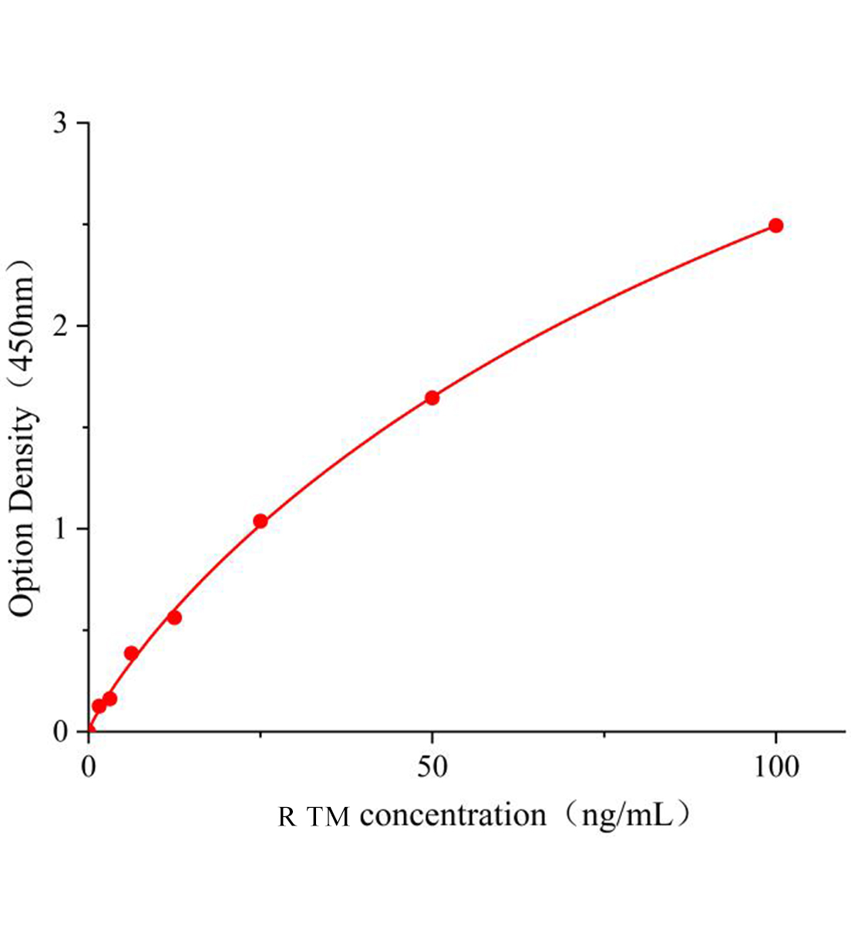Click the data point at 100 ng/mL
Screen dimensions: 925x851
[x=775, y=225]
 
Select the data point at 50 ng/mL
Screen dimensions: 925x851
[x=432, y=398]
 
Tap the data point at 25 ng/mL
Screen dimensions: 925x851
[x=261, y=521]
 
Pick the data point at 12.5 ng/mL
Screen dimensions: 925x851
[x=174, y=617]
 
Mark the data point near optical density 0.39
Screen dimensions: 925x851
[x=131, y=654]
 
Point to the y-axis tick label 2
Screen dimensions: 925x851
[x=61, y=326]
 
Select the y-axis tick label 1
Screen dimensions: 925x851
[x=61, y=529]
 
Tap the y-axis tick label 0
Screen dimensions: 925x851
[x=61, y=731]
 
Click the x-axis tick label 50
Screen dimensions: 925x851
[x=432, y=767]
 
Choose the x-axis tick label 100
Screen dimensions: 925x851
[x=775, y=767]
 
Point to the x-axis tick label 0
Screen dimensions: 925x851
[x=89, y=767]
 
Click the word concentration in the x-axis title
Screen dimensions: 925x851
[x=452, y=815]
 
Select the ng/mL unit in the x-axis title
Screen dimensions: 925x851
[x=618, y=815]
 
